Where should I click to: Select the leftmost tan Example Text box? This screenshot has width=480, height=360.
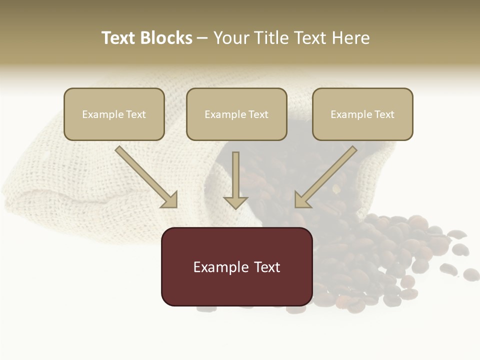[x=114, y=114]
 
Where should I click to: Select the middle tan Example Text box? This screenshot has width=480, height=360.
[x=236, y=114]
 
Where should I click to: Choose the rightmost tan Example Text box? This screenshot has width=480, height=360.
[x=362, y=114]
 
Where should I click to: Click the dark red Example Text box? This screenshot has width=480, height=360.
[x=236, y=266]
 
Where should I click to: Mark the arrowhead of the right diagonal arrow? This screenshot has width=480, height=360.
[x=301, y=200]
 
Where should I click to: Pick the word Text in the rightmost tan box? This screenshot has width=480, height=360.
[x=384, y=114]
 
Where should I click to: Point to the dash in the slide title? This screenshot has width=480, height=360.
[x=202, y=38]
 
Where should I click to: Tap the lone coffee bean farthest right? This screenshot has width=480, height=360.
[x=471, y=274]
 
